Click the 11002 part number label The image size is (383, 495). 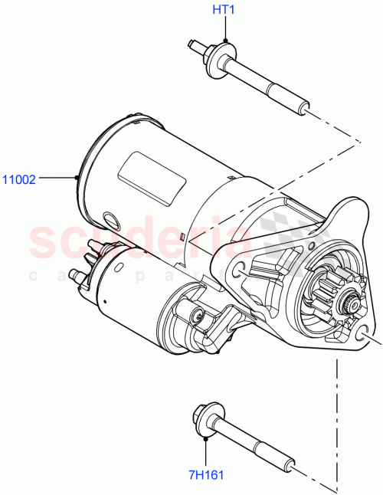(x=19, y=180)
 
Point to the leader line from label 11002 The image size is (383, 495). (x=58, y=179)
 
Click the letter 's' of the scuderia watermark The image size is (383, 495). (x=42, y=243)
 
